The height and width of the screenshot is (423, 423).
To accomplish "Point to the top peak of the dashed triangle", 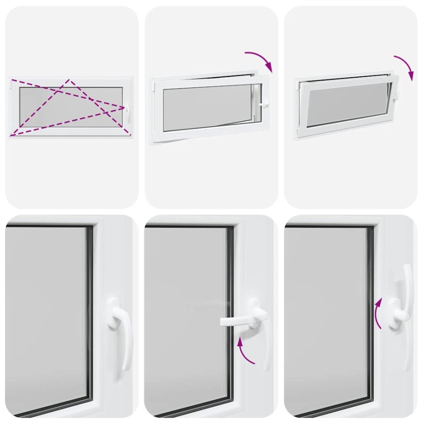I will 69,80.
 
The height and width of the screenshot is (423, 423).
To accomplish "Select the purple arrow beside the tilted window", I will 404,68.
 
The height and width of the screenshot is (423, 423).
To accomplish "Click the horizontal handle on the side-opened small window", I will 264,105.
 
